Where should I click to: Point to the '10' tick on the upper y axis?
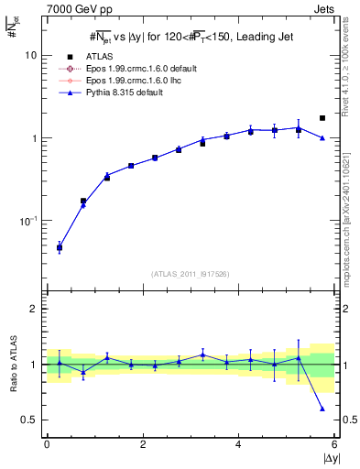point(31,55)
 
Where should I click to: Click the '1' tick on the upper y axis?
point(34,138)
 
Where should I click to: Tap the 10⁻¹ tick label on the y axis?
point(29,221)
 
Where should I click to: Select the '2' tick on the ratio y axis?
point(34,310)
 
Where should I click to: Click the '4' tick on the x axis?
point(238,444)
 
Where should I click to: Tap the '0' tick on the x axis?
point(47,444)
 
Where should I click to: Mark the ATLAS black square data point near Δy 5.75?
point(322,118)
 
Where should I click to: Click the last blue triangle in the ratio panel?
point(322,409)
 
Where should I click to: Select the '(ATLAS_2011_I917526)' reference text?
point(190,274)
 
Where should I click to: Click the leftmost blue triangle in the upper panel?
point(60,248)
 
